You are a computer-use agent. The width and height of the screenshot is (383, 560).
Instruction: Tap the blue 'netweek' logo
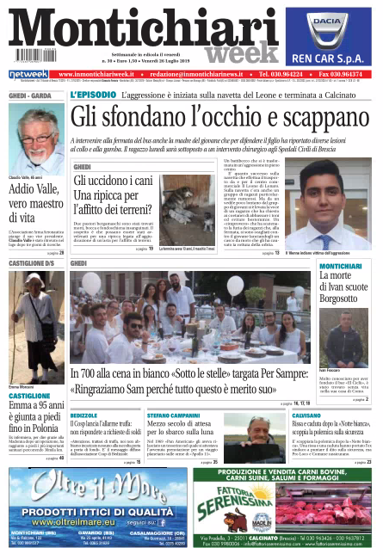click(28, 75)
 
